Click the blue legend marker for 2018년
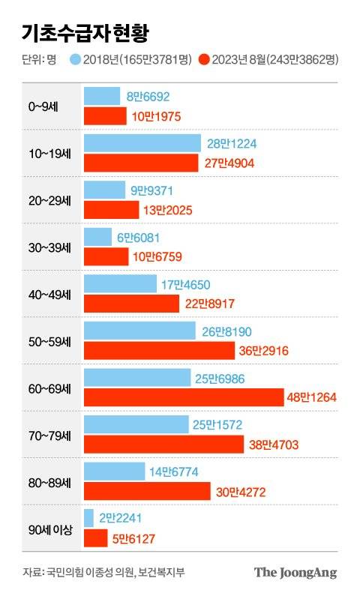point(75,58)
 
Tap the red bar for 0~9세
point(105,116)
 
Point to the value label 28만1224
point(232,143)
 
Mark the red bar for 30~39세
point(106,257)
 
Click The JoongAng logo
point(295,573)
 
